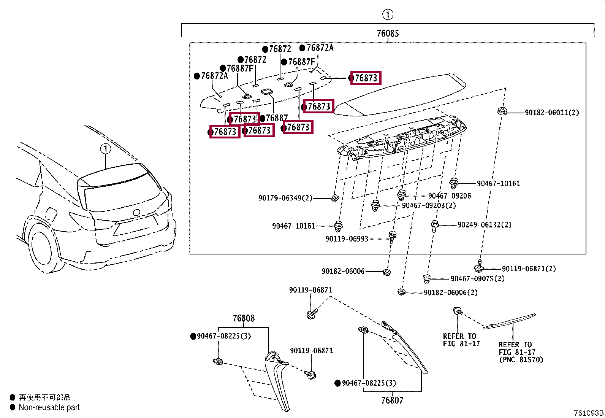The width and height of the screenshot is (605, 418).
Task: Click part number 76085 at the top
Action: (x=388, y=33)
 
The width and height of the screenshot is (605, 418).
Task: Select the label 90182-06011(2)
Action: (x=552, y=113)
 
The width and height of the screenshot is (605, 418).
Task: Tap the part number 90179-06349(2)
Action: (x=285, y=198)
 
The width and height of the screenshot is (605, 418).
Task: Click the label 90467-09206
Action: (x=449, y=196)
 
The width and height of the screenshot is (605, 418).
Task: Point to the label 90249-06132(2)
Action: (x=484, y=225)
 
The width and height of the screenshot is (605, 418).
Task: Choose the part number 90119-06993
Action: (x=347, y=239)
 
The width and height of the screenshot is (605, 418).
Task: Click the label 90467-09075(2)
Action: (x=477, y=278)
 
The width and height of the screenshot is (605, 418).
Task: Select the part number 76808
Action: (x=244, y=318)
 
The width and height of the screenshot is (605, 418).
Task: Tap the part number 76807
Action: (x=392, y=400)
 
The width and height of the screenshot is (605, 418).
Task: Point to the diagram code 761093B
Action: (x=588, y=413)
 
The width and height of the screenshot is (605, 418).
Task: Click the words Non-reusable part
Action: (x=49, y=407)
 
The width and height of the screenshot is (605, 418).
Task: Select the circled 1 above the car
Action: (x=106, y=149)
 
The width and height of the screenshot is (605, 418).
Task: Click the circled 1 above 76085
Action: (x=387, y=15)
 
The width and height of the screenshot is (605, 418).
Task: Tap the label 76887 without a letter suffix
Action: (x=276, y=118)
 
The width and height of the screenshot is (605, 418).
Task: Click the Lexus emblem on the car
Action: (x=136, y=213)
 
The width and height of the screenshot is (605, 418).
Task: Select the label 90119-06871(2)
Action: (x=529, y=269)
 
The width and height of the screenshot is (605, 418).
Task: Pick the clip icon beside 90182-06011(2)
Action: (x=502, y=111)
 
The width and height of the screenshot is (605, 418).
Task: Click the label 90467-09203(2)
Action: (x=429, y=205)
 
